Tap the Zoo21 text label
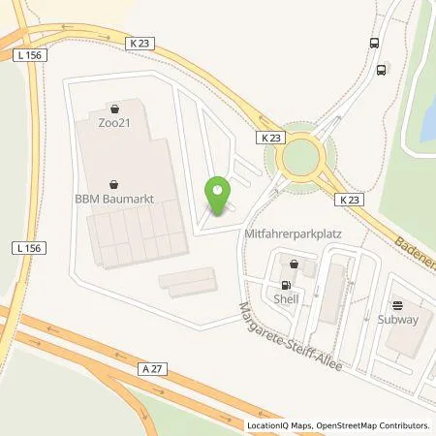tap(115, 123)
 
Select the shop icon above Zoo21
tap(115, 109)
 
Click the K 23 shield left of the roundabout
tap(270, 139)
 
